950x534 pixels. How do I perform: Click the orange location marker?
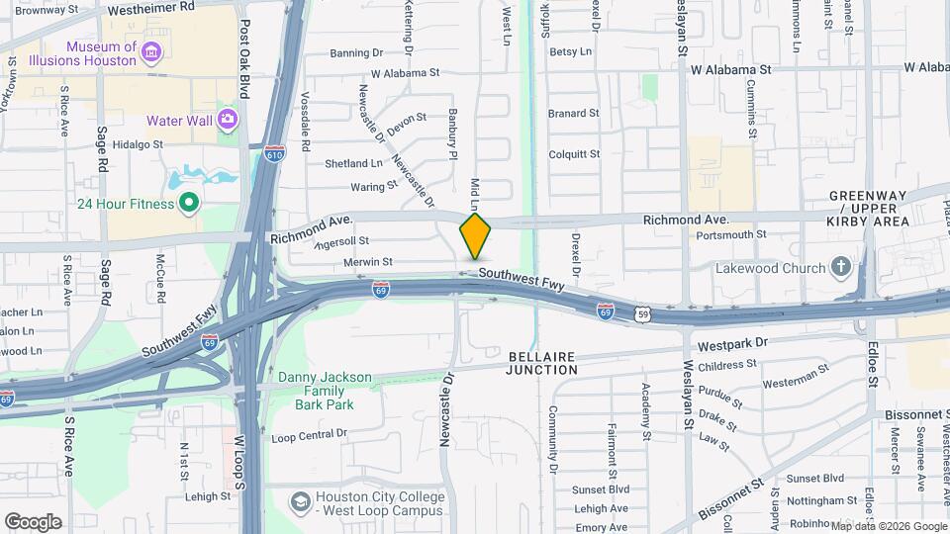[475, 236]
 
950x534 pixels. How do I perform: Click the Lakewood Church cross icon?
[840, 267]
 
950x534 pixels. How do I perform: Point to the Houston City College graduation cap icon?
[298, 503]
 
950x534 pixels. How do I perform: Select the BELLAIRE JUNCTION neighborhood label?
[541, 362]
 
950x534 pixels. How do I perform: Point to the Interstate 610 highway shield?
[275, 154]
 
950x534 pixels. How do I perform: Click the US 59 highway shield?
[644, 313]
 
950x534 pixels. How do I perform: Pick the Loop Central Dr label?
[310, 434]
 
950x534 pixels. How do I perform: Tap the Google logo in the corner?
[33, 521]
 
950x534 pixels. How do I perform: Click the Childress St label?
[727, 365]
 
